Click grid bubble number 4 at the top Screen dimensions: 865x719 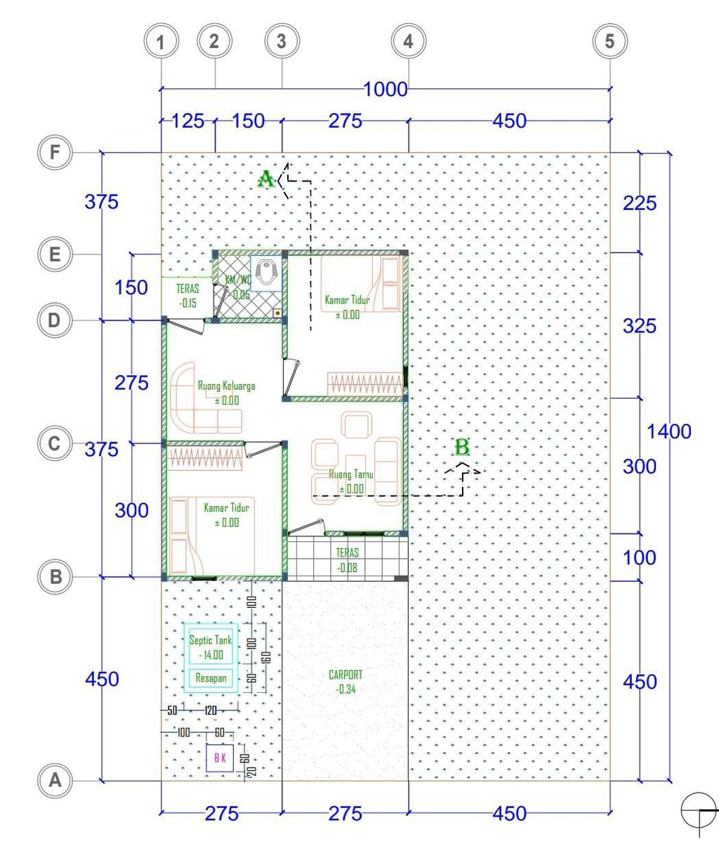pos(408,41)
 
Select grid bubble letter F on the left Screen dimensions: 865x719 pos(54,152)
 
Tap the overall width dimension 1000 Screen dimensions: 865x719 pos(385,89)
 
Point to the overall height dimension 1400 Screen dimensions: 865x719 pos(668,431)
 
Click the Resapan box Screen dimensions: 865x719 pos(210,679)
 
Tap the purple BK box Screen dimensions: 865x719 pos(220,758)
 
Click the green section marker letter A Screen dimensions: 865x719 pos(266,179)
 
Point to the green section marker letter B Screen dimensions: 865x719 pos(461,447)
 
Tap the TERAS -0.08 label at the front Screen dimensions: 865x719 pos(347,560)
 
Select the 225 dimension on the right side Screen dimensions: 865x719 pos(640,203)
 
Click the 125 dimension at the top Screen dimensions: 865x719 pos(187,121)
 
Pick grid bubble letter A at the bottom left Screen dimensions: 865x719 pos(54,780)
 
